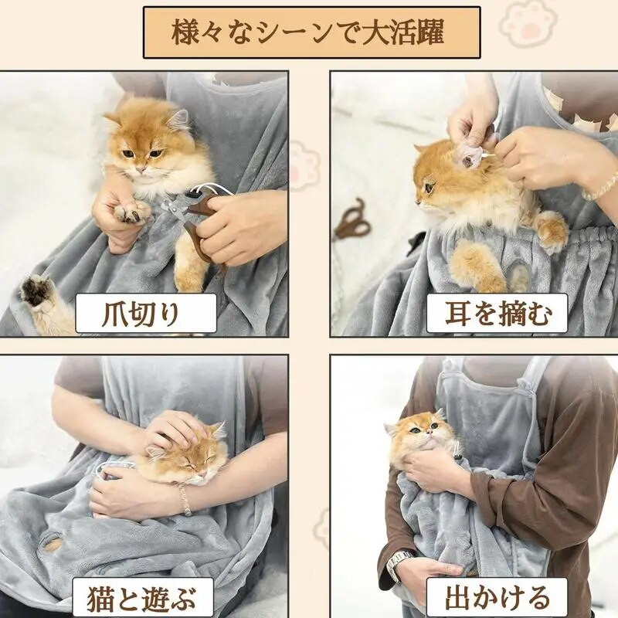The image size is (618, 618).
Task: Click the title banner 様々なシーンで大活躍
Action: click(311, 32)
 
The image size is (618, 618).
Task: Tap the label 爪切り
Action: click(146, 314)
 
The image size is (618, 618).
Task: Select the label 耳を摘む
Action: click(497, 314)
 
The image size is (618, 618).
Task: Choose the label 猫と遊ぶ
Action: click(142, 598)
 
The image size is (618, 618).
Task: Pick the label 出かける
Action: click(497, 598)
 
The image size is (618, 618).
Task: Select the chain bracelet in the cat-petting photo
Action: click(184, 500)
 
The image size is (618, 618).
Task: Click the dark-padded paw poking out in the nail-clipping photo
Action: click(36, 293)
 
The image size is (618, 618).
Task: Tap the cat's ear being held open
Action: click(468, 157)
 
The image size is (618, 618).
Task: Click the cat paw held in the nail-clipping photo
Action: click(133, 211)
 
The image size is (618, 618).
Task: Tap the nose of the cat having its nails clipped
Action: click(139, 169)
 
